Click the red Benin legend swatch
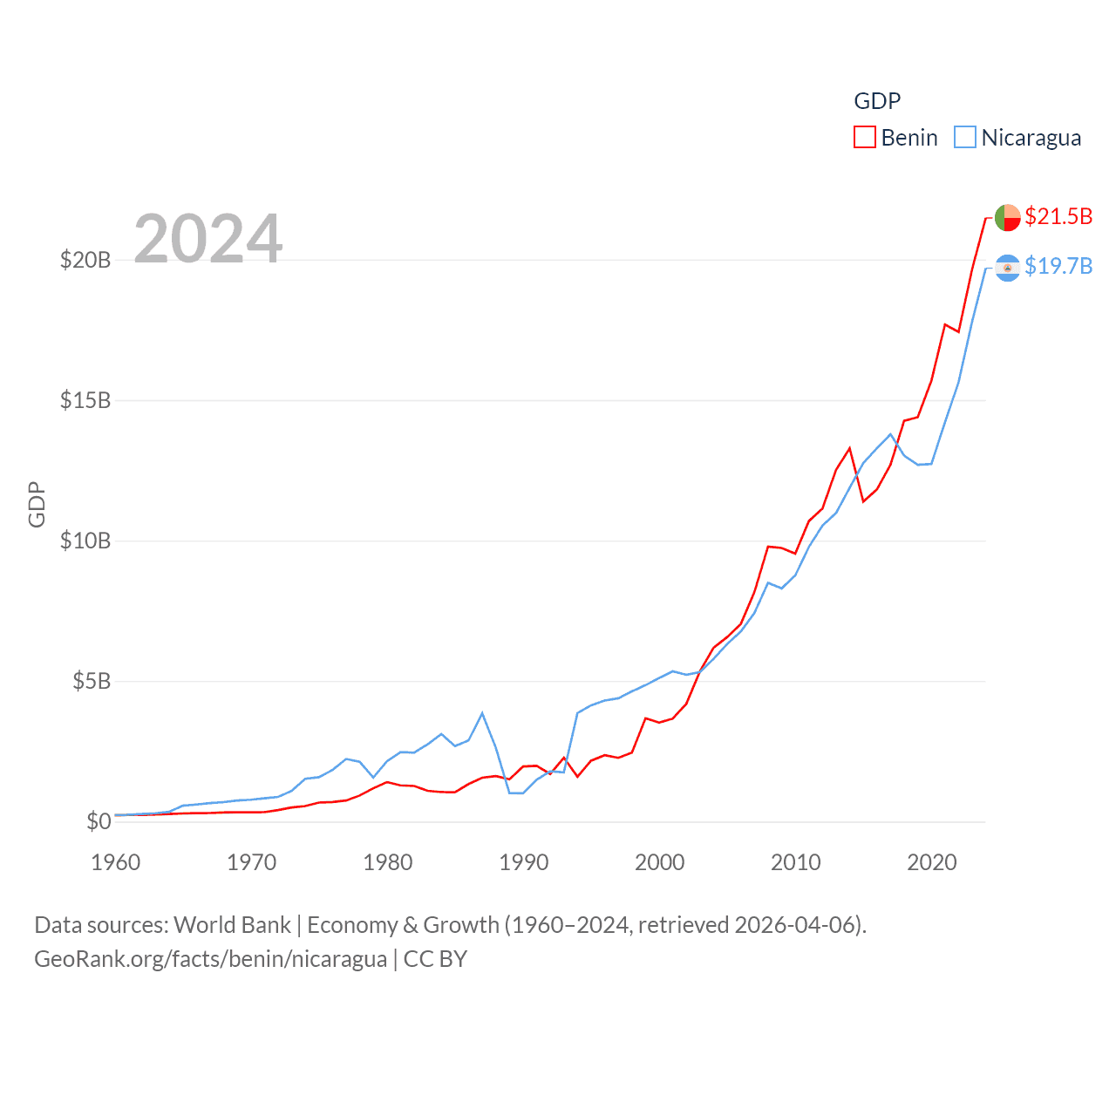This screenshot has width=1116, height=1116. [864, 138]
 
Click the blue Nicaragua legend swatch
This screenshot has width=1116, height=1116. [964, 138]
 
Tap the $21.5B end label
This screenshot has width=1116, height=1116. [1058, 216]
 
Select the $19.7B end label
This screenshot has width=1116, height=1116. [1058, 266]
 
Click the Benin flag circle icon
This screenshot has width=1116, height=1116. [1007, 217]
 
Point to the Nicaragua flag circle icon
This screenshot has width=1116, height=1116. [1007, 268]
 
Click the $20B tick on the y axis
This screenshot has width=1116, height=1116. [85, 260]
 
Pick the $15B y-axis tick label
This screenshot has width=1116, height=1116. [85, 400]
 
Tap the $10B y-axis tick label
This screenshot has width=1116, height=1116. [85, 541]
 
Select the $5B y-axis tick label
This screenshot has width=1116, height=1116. [92, 681]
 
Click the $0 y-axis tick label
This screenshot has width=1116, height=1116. [99, 821]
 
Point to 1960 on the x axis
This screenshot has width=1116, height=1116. [116, 862]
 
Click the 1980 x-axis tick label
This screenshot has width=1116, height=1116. [388, 862]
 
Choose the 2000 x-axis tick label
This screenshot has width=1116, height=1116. [660, 862]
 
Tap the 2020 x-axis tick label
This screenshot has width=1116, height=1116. [932, 862]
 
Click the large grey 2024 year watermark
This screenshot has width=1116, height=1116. [208, 238]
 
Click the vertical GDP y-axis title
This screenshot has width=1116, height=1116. [37, 504]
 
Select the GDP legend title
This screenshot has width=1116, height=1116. [877, 101]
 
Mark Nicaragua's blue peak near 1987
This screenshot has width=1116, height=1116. [482, 713]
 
